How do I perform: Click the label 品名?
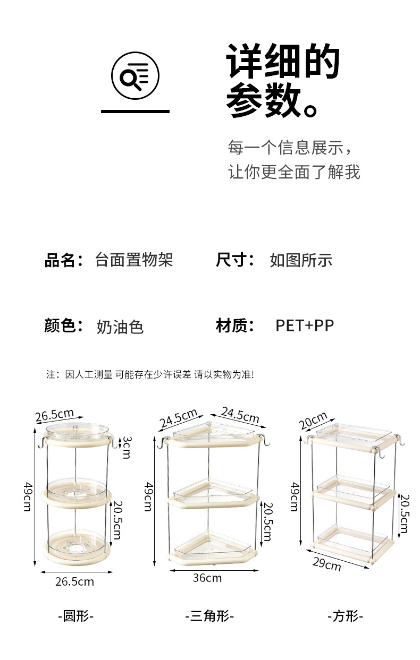tap(63, 260)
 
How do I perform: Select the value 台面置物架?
tap(134, 260)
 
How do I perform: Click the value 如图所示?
tap(301, 260)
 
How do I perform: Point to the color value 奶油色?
tap(120, 326)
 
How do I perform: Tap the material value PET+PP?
tap(305, 325)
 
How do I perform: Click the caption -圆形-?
tap(75, 616)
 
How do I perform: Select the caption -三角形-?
tap(209, 616)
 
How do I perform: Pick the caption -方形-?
tap(345, 616)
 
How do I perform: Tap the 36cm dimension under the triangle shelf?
tap(207, 578)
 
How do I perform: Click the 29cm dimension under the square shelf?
tap(326, 563)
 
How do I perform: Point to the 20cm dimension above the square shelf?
tap(313, 421)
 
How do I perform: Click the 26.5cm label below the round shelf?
tap(74, 581)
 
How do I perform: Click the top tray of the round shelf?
tap(76, 432)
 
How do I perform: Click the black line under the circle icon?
tap(135, 112)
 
